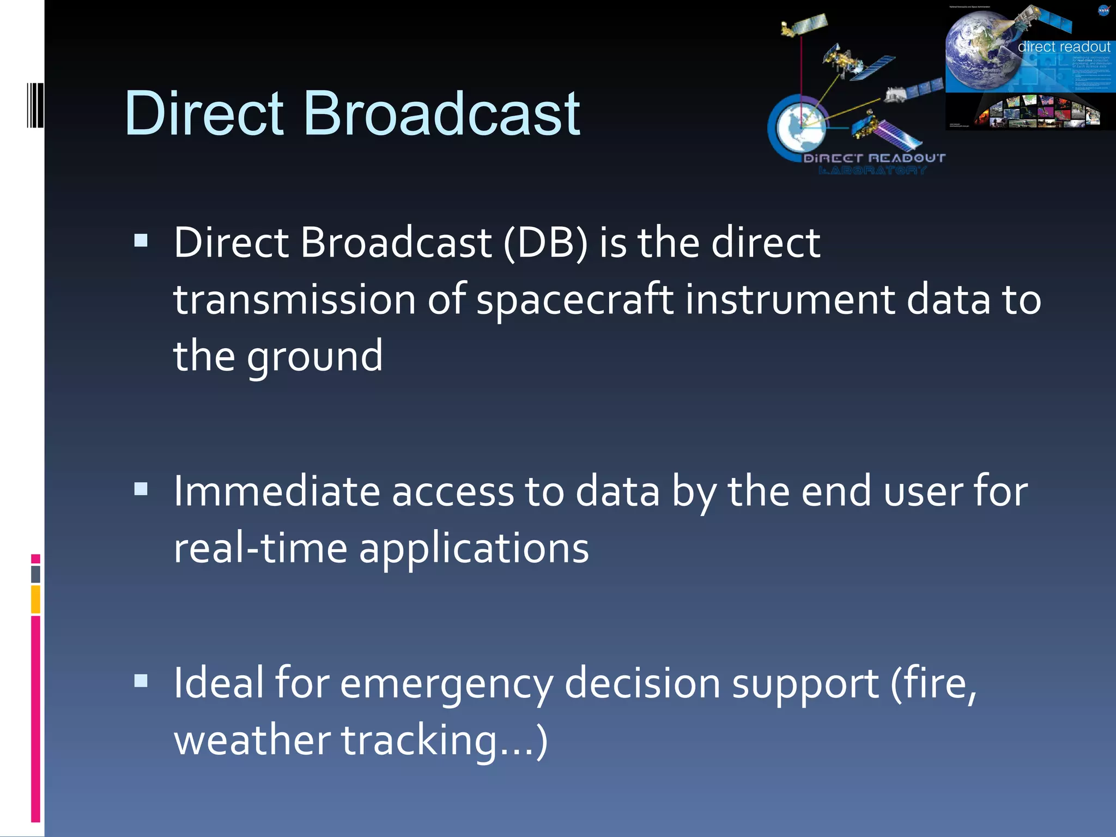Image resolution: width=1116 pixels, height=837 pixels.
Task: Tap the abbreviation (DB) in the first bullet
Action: [545, 242]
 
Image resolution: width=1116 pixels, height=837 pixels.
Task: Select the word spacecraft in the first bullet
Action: [574, 300]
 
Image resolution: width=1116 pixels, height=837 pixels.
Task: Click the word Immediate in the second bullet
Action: [276, 492]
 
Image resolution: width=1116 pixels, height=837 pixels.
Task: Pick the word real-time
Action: [260, 548]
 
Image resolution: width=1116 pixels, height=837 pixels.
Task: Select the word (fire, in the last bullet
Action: [933, 683]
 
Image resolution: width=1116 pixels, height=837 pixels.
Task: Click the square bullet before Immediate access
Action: [141, 488]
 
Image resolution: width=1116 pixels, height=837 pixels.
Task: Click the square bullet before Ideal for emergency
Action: [141, 680]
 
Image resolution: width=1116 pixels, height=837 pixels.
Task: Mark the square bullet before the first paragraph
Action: [141, 240]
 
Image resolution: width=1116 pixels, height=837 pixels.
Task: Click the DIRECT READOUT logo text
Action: [874, 159]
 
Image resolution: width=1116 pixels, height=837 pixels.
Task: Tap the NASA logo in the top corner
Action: [1103, 10]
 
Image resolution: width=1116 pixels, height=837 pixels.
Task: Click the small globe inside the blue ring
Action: [799, 126]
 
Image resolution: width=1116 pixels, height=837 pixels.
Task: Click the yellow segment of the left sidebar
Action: [35, 599]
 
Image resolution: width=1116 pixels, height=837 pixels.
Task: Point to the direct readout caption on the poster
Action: [1063, 47]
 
